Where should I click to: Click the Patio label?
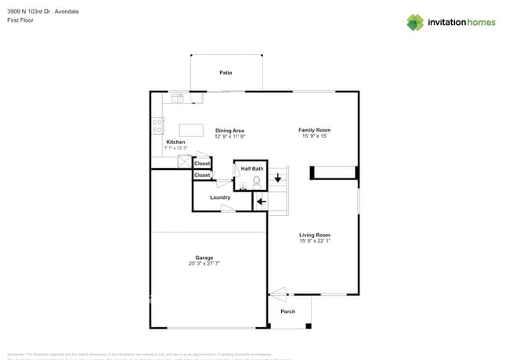pos(226,73)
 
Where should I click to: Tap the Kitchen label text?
pos(175,142)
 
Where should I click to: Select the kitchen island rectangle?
pos(191,130)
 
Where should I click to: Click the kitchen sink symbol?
pos(178,98)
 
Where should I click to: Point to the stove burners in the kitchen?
pos(157,123)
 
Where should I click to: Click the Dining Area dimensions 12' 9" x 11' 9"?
pos(230,136)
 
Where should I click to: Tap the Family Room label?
pos(314,130)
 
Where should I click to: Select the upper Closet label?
pos(202,163)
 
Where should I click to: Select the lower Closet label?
pos(202,175)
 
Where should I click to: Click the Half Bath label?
pos(252,169)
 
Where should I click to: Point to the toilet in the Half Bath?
pos(256,180)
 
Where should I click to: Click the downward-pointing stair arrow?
pos(277,178)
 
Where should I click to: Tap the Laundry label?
pos(220,197)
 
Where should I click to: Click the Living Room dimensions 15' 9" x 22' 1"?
pos(314,241)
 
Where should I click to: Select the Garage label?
pos(204,257)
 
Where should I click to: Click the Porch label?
pos(287,311)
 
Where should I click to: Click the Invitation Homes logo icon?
pos(415,23)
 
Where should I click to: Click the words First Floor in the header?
pos(20,20)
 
